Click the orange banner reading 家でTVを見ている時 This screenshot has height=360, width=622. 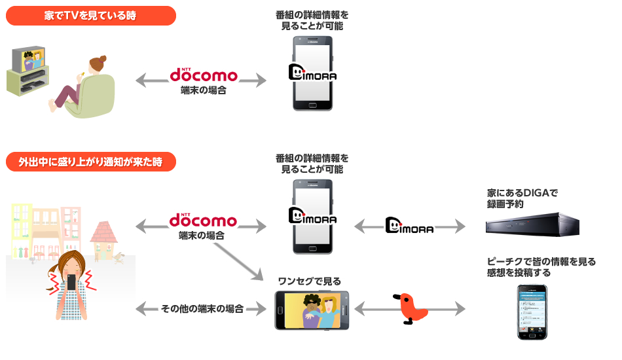(90, 16)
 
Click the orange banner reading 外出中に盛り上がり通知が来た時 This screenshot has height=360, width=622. (90, 162)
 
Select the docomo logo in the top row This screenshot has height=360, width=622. (203, 75)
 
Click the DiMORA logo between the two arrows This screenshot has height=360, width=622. (410, 226)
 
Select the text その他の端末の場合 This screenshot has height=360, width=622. (202, 308)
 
